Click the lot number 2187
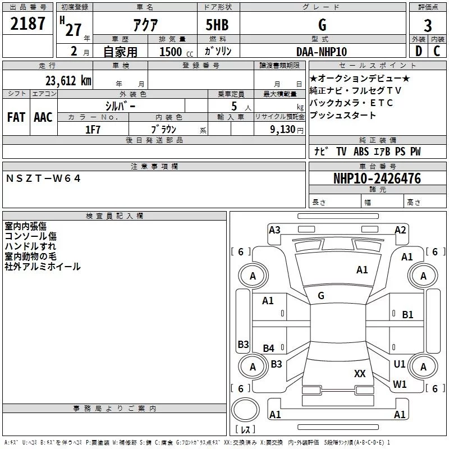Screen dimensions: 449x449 (28, 24)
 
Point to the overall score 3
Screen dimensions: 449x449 (428, 26)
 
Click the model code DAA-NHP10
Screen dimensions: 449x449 (322, 52)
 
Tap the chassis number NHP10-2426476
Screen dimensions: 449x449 (377, 178)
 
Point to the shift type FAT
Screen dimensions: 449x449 (16, 117)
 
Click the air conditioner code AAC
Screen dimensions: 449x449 (43, 117)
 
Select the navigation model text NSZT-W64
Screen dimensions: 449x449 (43, 178)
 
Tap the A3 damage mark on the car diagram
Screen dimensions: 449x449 (274, 230)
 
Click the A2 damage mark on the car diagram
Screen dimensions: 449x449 (400, 230)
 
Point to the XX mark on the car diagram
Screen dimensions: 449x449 (360, 373)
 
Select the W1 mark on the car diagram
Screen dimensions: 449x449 (400, 384)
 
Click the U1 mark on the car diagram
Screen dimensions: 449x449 (400, 364)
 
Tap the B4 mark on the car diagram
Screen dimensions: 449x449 (269, 349)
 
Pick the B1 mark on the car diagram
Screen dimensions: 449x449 (408, 315)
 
